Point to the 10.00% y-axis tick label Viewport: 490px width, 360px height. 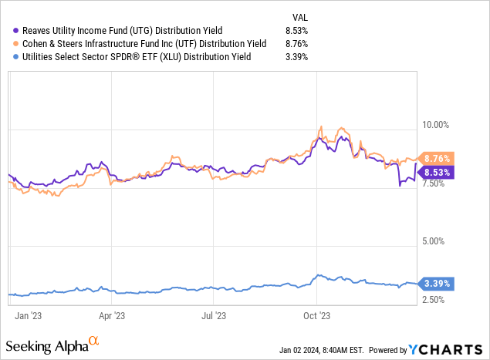point(437,124)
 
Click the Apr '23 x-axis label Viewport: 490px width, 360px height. point(113,315)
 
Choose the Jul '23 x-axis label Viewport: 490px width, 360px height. point(213,315)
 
